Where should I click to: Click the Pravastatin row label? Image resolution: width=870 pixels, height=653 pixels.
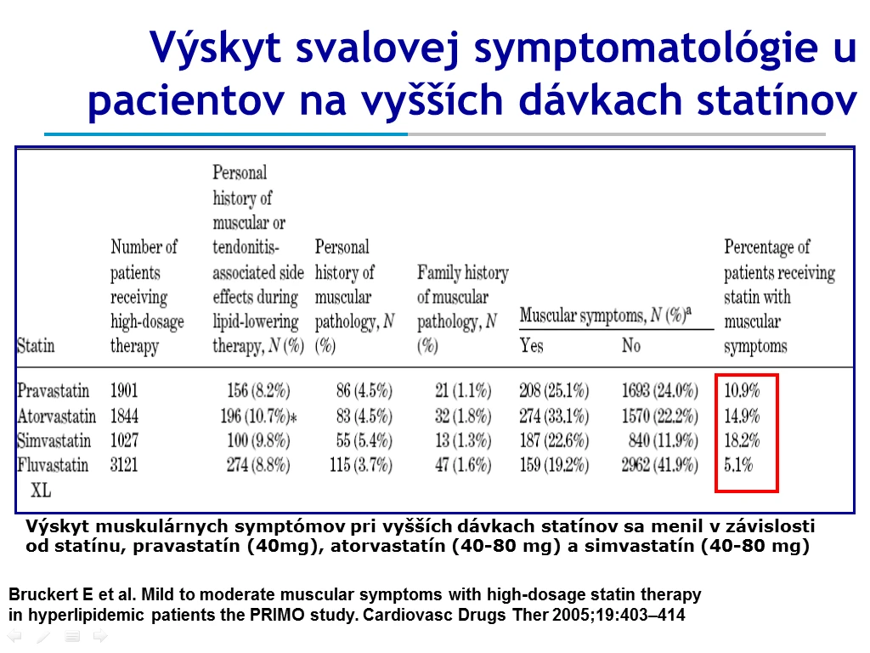click(x=54, y=391)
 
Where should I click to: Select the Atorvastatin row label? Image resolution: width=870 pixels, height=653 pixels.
click(x=57, y=416)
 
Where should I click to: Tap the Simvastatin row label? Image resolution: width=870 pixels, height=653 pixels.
click(x=54, y=441)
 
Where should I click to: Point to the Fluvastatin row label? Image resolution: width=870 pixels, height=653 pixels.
click(x=53, y=465)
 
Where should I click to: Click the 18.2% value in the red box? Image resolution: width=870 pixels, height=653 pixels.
click(x=742, y=441)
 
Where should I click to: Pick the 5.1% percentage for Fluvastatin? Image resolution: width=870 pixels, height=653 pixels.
click(x=738, y=465)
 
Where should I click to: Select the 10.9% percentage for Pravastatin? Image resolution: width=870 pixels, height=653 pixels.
click(x=742, y=391)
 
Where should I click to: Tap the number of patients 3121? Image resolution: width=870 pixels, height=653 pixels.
click(x=124, y=465)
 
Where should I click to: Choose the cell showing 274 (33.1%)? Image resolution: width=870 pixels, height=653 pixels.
click(x=554, y=416)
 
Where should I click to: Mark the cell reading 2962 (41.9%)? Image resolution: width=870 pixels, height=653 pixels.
click(x=659, y=465)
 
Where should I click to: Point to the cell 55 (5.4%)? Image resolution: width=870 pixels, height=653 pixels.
click(x=364, y=441)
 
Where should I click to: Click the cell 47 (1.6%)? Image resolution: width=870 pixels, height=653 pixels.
click(x=463, y=465)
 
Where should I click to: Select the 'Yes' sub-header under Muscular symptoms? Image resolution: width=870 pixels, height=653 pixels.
click(x=532, y=346)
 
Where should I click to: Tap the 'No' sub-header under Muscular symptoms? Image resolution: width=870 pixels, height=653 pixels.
click(x=631, y=346)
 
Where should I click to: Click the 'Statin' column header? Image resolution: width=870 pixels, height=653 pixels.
click(x=36, y=346)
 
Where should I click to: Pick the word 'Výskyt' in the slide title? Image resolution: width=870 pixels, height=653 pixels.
click(x=215, y=48)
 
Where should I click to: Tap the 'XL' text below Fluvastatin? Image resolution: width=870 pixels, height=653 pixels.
click(x=41, y=491)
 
